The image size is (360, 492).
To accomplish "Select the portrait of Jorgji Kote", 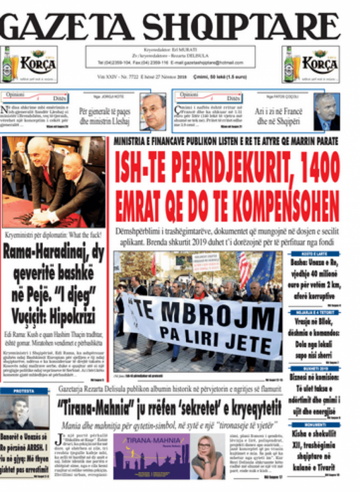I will coord(153,111).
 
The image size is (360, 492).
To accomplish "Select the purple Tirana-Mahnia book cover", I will coord(151,456).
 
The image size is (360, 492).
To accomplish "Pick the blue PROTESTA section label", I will coord(24,392).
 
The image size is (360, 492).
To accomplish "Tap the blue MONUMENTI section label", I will coord(315,425).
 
